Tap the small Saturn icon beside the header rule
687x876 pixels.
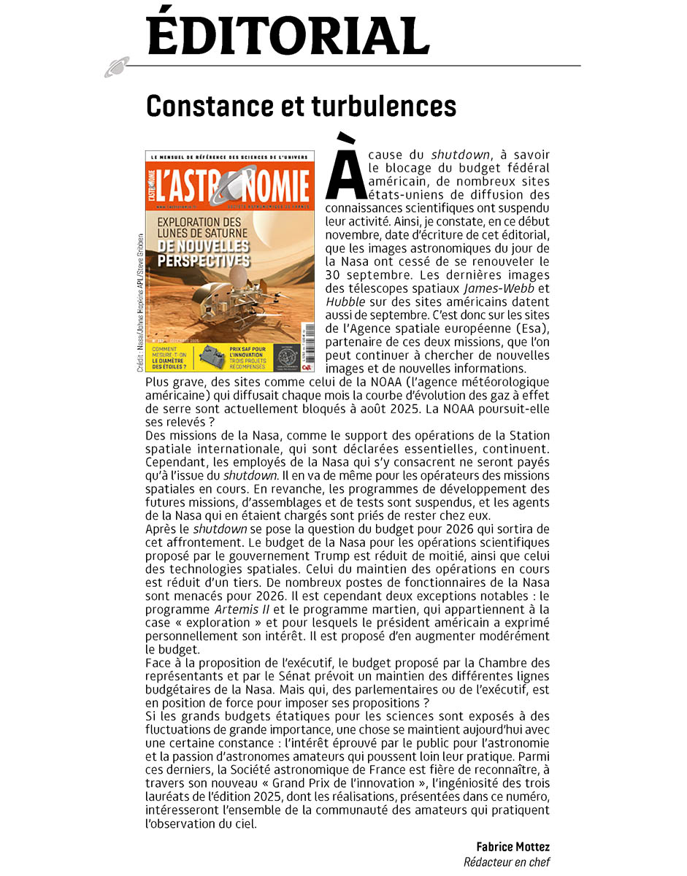pyautogui.click(x=116, y=67)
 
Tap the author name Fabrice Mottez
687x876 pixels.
pyautogui.click(x=513, y=847)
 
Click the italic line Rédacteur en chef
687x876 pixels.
pyautogui.click(x=507, y=862)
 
